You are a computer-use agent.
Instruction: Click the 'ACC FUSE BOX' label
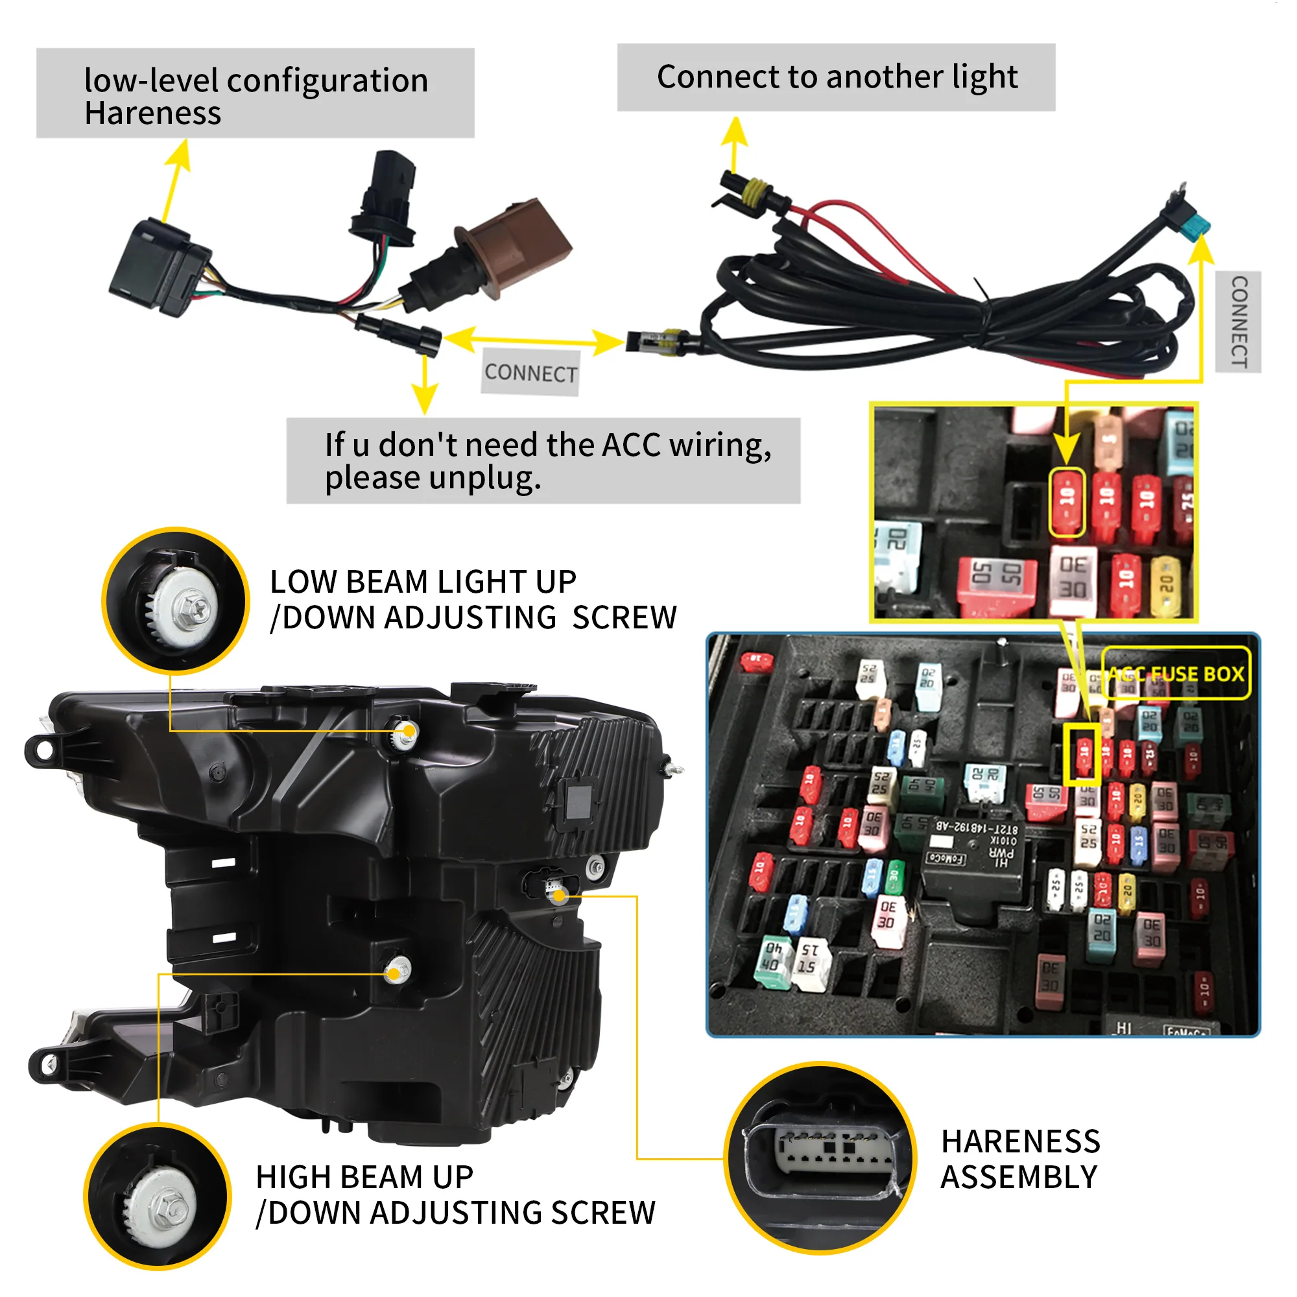[x=1176, y=673]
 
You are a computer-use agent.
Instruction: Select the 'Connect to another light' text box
[x=837, y=77]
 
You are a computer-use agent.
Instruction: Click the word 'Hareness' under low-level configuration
[x=152, y=113]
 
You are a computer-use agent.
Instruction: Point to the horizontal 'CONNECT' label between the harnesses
[x=530, y=373]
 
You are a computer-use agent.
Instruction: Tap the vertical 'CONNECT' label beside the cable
[x=1239, y=322]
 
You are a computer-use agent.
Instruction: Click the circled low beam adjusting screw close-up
[x=176, y=601]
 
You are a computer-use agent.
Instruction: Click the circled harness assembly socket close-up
[x=820, y=1158]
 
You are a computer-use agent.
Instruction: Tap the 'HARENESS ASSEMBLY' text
[x=1020, y=1160]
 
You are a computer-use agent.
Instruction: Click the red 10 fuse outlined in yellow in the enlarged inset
[x=1067, y=501]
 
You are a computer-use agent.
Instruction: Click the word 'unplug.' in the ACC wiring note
[x=484, y=479]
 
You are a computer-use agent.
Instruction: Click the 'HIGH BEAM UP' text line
[x=364, y=1178]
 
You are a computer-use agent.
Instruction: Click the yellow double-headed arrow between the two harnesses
[x=534, y=340]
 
